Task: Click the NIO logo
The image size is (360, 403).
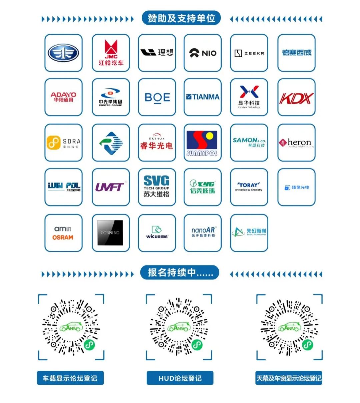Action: [203, 53]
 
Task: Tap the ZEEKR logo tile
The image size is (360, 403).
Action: [249, 53]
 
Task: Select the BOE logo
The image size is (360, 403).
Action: [157, 97]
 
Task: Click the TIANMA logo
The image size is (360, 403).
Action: [203, 97]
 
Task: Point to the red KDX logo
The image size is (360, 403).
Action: [296, 98]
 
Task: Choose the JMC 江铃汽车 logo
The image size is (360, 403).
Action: [111, 53]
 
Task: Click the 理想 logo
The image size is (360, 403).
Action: [157, 53]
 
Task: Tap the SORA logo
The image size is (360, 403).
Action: [63, 143]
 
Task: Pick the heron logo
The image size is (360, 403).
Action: [296, 143]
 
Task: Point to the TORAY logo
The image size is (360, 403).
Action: [249, 187]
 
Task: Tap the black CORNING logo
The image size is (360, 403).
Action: [110, 233]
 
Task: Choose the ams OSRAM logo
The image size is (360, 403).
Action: [63, 233]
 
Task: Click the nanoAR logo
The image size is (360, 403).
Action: [203, 232]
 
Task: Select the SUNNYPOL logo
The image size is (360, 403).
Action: [202, 143]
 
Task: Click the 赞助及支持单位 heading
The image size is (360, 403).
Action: [181, 18]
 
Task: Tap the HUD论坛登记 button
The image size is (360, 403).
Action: [180, 378]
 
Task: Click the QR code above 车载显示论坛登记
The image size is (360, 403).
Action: [71, 327]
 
